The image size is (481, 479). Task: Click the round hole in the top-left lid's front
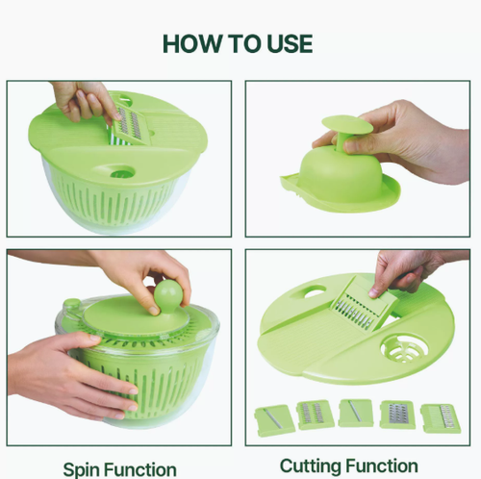click(x=122, y=173)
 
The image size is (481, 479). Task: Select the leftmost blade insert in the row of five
click(x=273, y=418)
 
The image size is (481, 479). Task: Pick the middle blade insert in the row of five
click(x=355, y=414)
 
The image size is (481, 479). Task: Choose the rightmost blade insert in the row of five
click(x=440, y=418)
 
